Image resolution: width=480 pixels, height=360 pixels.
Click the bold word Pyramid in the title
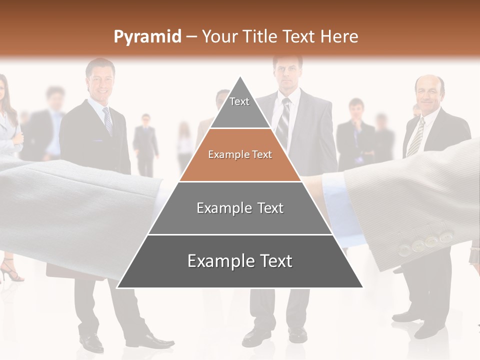(147, 37)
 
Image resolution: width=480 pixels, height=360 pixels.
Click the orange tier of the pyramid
(240, 155)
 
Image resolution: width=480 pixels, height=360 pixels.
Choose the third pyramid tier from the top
(240, 208)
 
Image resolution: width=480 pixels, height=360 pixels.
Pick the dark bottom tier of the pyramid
(240, 261)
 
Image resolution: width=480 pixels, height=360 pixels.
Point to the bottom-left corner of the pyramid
(118, 287)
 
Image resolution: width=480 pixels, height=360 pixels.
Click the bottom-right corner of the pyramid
(362, 287)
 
